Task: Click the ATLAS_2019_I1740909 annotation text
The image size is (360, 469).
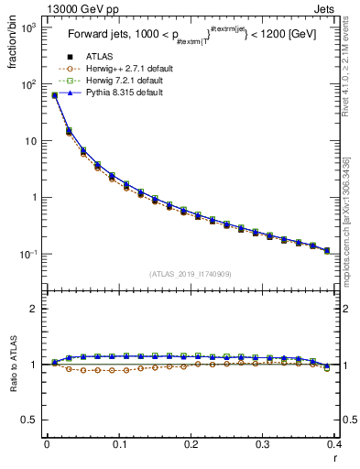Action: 191,273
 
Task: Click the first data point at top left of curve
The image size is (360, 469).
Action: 55,94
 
